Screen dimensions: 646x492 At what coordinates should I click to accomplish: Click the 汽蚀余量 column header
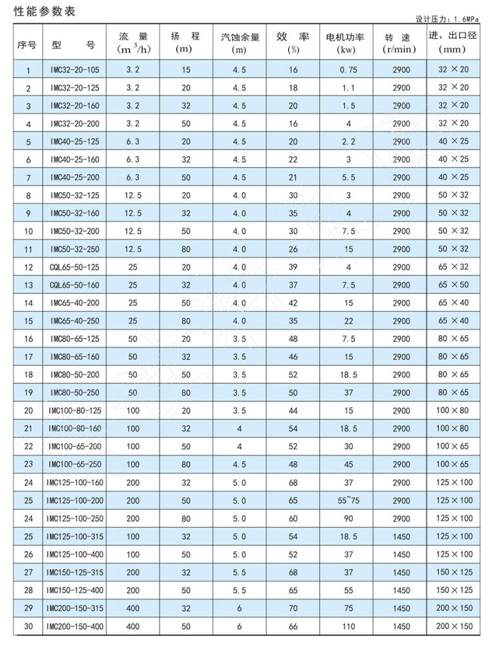point(240,42)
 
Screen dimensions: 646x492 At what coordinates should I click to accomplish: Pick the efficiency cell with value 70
point(293,608)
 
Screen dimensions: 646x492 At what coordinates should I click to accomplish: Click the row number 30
point(28,626)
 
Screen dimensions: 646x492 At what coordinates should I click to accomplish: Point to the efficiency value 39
point(293,267)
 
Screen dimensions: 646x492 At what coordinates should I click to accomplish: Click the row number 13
point(28,285)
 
